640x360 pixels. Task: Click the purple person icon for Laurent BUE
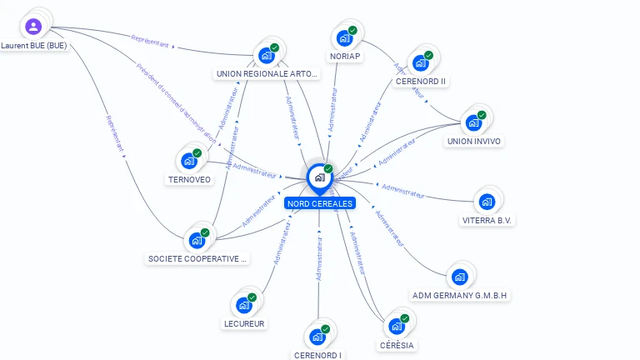tap(32, 27)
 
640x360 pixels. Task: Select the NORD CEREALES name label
tap(319, 203)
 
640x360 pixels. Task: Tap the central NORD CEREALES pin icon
tap(318, 177)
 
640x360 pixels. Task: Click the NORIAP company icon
tap(344, 37)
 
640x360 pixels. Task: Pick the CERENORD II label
tap(421, 81)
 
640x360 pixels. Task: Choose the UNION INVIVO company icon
tap(473, 122)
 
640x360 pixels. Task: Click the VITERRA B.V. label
tap(487, 221)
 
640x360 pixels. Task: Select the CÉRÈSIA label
tap(397, 345)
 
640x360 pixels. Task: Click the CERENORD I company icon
tap(317, 337)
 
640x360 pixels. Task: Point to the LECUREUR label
tap(244, 323)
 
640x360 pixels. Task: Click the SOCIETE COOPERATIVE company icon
tap(197, 240)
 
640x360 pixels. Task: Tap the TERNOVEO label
tap(189, 179)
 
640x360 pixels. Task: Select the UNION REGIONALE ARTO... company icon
tap(267, 55)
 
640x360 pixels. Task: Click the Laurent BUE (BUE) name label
tap(33, 46)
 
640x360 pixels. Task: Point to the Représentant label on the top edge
tap(151, 39)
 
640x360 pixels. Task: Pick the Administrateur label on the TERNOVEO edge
tap(255, 170)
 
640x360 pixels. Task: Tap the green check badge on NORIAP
tap(352, 31)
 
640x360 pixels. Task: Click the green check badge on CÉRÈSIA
tap(405, 318)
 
